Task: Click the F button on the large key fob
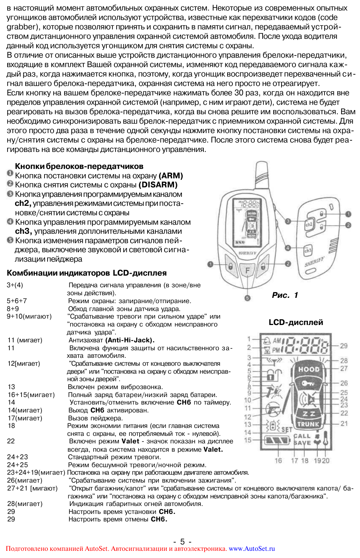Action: pyautogui.click(x=248, y=270)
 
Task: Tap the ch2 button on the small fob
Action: pyautogui.click(x=309, y=224)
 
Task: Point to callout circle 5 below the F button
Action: pyautogui.click(x=248, y=298)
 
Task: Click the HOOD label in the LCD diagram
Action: pyautogui.click(x=309, y=369)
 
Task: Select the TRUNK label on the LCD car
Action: pyautogui.click(x=308, y=424)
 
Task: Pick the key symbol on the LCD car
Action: pyautogui.click(x=308, y=383)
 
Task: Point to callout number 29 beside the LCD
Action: pyautogui.click(x=344, y=346)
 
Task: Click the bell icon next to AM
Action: pyautogui.click(x=267, y=340)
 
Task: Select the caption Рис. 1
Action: pyautogui.click(x=285, y=295)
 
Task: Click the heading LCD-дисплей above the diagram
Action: pyautogui.click(x=296, y=322)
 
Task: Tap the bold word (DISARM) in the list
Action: pyautogui.click(x=158, y=185)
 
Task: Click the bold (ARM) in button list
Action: pyautogui.click(x=171, y=176)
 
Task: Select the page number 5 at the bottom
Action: pyautogui.click(x=182, y=541)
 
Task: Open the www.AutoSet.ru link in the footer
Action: pyautogui.click(x=252, y=549)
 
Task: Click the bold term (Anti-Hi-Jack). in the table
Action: pyautogui.click(x=130, y=340)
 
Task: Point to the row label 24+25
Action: pyautogui.click(x=17, y=465)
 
